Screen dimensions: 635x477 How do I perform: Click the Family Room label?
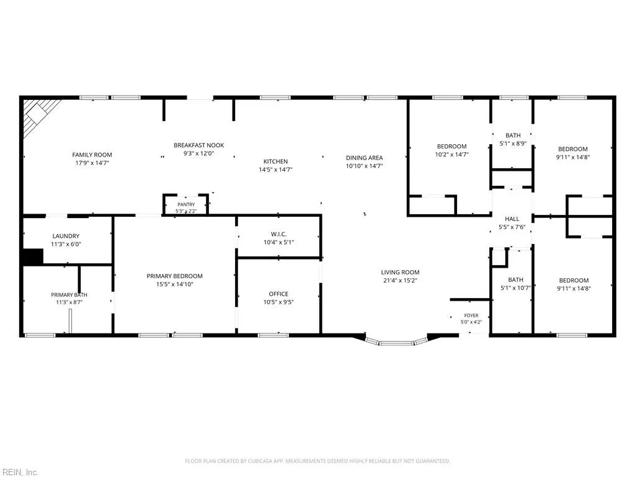pos(92,155)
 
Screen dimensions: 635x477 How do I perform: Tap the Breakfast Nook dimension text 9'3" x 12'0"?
pos(198,153)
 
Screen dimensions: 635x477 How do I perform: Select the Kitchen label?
pos(276,161)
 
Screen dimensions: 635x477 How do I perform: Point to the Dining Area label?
pos(364,158)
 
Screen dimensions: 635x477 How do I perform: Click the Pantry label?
pos(186,204)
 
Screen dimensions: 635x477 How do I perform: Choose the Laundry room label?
pos(66,236)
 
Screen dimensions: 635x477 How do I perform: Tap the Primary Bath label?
pos(69,295)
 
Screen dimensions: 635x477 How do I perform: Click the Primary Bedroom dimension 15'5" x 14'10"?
pos(174,284)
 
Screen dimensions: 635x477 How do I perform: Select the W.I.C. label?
pos(278,234)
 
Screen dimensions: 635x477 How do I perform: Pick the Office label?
pos(278,294)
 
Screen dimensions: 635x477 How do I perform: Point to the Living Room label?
pos(400,272)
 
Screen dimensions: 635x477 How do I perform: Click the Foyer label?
pos(471,315)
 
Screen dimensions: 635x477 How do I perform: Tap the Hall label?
pos(512,219)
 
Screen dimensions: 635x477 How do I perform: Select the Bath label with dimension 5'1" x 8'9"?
pos(513,135)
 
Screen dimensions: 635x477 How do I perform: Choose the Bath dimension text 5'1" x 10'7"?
pos(515,288)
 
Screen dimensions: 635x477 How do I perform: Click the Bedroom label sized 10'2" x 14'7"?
pos(451,147)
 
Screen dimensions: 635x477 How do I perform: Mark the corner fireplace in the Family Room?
pos(38,115)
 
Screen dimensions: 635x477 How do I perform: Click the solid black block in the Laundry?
pos(32,257)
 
